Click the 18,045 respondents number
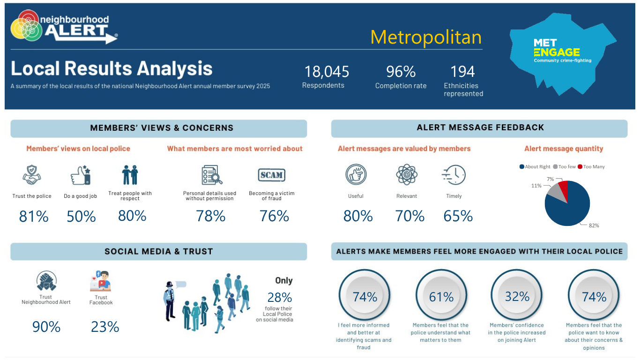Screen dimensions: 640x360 (x=327, y=72)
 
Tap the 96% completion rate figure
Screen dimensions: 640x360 (x=401, y=72)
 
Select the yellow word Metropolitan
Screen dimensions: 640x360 (x=426, y=37)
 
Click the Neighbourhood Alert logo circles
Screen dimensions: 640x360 (x=26, y=26)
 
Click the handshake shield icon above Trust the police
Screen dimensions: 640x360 (x=32, y=175)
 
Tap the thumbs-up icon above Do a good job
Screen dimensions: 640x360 (x=81, y=175)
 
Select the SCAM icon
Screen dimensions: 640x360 (x=272, y=175)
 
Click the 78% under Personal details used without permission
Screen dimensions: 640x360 (x=210, y=216)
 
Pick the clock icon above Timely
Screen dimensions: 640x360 (x=454, y=175)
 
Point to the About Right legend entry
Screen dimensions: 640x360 (x=535, y=167)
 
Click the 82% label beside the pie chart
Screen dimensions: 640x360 (x=594, y=225)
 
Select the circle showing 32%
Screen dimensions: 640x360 (x=517, y=295)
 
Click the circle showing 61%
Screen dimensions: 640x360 (x=441, y=295)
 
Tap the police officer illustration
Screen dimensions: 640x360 (x=170, y=301)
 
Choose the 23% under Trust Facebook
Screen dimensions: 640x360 (x=105, y=327)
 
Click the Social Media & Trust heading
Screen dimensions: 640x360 (x=159, y=251)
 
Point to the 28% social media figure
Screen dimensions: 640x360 (x=279, y=298)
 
